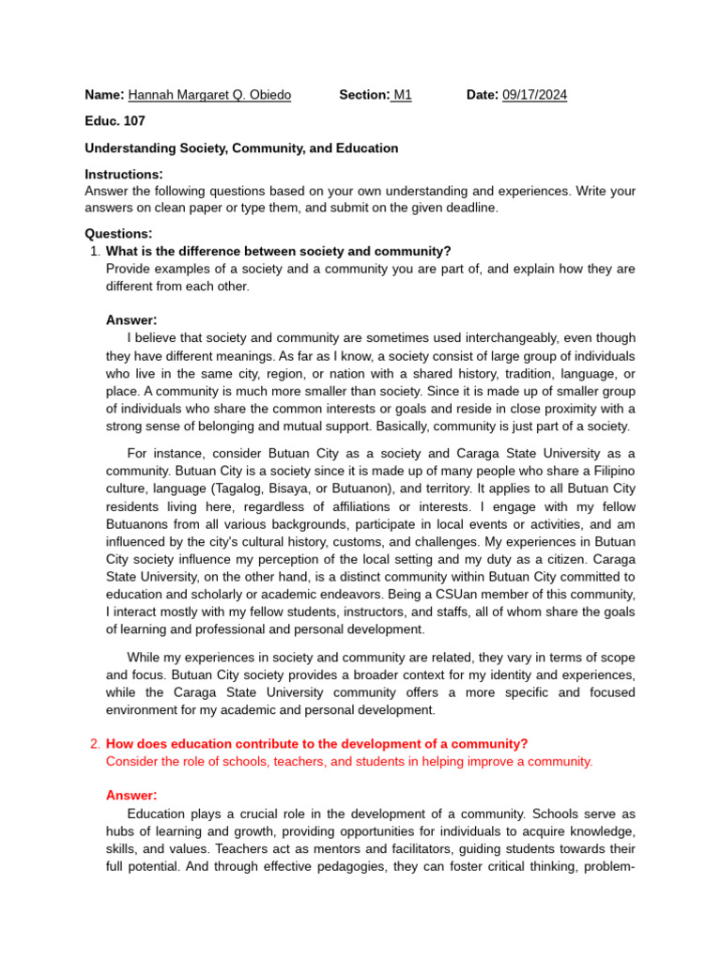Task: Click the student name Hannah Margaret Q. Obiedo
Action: tap(209, 95)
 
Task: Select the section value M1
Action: tap(403, 95)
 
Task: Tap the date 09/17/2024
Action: tap(534, 95)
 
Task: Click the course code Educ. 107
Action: tap(115, 121)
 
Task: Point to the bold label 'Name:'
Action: tap(104, 95)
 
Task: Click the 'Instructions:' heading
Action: tap(124, 175)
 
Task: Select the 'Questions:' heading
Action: tap(118, 234)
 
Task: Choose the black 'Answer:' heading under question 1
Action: tap(131, 320)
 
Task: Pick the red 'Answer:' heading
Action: tap(131, 796)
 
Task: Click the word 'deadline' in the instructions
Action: tap(469, 209)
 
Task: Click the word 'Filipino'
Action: tap(614, 472)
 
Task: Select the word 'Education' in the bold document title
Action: tap(369, 148)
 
